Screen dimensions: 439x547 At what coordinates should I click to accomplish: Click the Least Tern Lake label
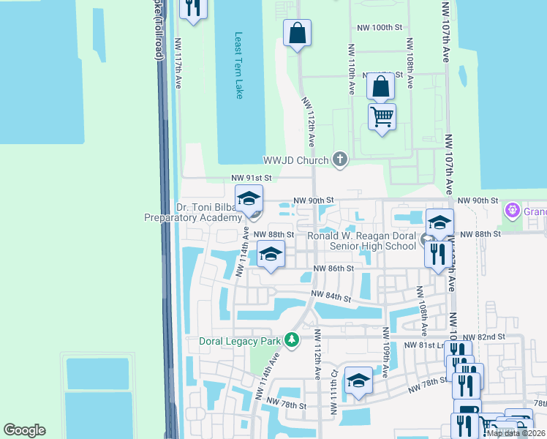click(238, 67)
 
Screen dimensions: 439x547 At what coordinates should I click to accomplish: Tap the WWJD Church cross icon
click(339, 159)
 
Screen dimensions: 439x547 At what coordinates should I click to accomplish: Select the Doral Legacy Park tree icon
click(292, 340)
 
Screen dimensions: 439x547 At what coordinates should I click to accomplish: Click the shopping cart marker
click(382, 116)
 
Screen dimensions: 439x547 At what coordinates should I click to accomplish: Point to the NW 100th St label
click(380, 27)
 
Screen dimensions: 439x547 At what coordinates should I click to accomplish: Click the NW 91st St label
click(252, 178)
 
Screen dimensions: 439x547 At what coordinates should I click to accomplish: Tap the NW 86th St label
click(333, 269)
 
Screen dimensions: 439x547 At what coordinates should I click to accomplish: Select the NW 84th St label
click(331, 296)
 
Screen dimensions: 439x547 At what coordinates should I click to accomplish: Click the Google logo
click(24, 430)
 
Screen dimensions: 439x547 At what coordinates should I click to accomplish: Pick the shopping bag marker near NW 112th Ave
click(297, 33)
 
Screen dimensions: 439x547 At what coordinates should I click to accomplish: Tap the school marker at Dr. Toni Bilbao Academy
click(249, 199)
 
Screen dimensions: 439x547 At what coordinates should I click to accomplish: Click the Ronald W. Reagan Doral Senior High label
click(361, 241)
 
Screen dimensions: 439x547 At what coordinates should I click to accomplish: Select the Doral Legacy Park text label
click(241, 341)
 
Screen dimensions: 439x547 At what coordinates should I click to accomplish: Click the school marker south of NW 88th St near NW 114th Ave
click(271, 255)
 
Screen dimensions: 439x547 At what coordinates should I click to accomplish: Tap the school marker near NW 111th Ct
click(358, 381)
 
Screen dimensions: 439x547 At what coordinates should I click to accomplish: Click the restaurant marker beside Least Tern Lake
click(193, 9)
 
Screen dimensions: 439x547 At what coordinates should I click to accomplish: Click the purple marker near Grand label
click(512, 211)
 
